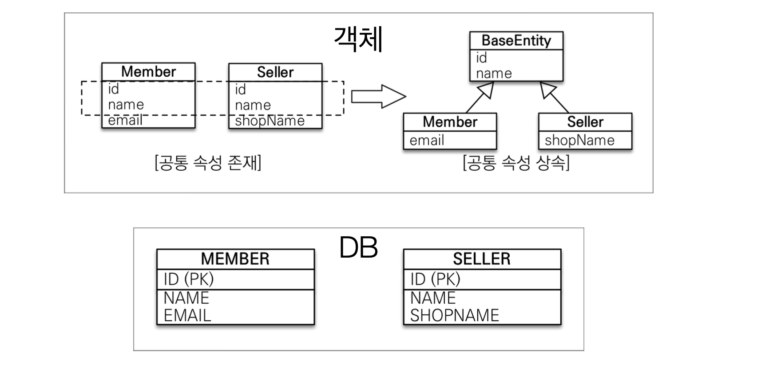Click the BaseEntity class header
pyautogui.click(x=516, y=41)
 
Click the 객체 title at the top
pyautogui.click(x=358, y=39)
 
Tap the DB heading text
pyautogui.click(x=358, y=247)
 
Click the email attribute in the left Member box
pyautogui.click(x=125, y=120)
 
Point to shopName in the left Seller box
pyautogui.click(x=270, y=121)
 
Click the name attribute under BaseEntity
pyautogui.click(x=494, y=73)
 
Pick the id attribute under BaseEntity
pyautogui.click(x=481, y=58)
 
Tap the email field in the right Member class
pyautogui.click(x=427, y=140)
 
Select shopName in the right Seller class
pyautogui.click(x=579, y=140)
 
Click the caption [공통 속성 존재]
pyautogui.click(x=208, y=163)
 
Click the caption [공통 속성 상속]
pyautogui.click(x=516, y=163)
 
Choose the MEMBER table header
pyautogui.click(x=235, y=259)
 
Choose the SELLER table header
pyautogui.click(x=482, y=259)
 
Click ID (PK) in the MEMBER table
pyautogui.click(x=189, y=279)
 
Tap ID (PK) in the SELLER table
pyautogui.click(x=435, y=279)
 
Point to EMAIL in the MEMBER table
pyautogui.click(x=187, y=315)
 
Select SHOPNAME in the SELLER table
pyautogui.click(x=455, y=315)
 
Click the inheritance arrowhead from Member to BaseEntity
pyautogui.click(x=487, y=90)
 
